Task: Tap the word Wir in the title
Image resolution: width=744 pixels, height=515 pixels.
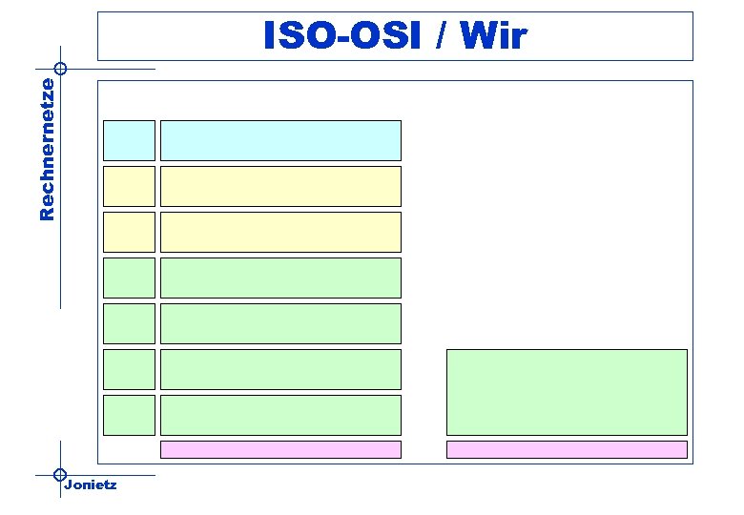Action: [x=492, y=36]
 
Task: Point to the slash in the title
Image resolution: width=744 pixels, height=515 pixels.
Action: [x=444, y=36]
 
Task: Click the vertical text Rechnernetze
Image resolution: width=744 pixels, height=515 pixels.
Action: [x=47, y=149]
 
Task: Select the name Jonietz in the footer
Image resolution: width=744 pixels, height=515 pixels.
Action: [x=91, y=485]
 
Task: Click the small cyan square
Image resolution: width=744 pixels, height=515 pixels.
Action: [x=129, y=140]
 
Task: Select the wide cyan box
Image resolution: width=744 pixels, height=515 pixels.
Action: [x=280, y=140]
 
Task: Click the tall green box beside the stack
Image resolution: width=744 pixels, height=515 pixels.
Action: [x=567, y=392]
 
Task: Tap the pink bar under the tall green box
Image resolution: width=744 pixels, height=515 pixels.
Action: [x=567, y=449]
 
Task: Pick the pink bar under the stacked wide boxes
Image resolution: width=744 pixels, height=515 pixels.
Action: [x=280, y=449]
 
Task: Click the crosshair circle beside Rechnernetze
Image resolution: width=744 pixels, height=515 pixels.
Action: [x=60, y=69]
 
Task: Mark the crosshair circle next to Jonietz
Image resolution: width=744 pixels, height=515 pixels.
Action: [x=60, y=474]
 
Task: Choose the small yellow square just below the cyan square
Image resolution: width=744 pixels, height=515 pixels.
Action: [x=129, y=186]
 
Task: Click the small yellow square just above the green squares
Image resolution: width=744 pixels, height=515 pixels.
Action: [x=129, y=232]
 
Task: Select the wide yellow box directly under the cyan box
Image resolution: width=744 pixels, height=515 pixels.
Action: [x=280, y=186]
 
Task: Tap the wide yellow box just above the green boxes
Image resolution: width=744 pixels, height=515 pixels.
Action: [x=280, y=232]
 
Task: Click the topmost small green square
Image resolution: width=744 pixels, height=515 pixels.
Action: [x=129, y=278]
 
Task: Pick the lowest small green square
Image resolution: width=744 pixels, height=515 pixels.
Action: [x=129, y=415]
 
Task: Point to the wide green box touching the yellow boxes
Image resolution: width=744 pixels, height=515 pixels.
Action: [x=280, y=278]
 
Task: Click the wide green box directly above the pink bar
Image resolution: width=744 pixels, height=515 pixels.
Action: [x=280, y=415]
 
